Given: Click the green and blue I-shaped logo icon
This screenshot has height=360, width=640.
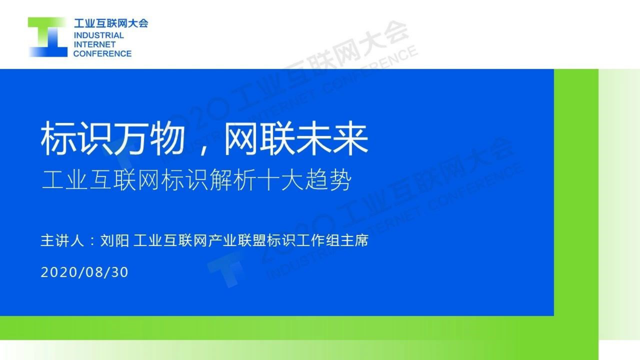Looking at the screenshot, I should (48, 37).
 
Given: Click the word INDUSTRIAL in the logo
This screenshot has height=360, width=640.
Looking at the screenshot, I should (99, 36).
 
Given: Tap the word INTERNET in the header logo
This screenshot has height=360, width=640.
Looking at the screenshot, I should (94, 44).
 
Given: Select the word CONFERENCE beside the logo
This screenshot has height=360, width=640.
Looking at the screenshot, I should (102, 54).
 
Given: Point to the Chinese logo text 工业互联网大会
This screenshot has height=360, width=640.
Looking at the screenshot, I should (111, 23).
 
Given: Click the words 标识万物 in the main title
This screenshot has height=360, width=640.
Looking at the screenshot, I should (113, 138).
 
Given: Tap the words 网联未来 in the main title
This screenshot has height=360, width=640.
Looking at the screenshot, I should (296, 138).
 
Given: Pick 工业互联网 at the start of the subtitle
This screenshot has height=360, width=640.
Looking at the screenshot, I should (101, 180).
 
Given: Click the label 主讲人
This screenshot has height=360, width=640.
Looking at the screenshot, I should (63, 241).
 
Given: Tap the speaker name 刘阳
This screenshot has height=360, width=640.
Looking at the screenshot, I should (115, 241).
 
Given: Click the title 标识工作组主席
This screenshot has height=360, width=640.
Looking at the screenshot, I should (317, 241).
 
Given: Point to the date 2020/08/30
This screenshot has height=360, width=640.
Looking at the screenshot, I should (85, 272).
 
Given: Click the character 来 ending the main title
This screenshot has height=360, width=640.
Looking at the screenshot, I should (350, 138).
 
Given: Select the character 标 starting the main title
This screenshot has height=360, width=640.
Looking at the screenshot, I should (58, 138).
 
